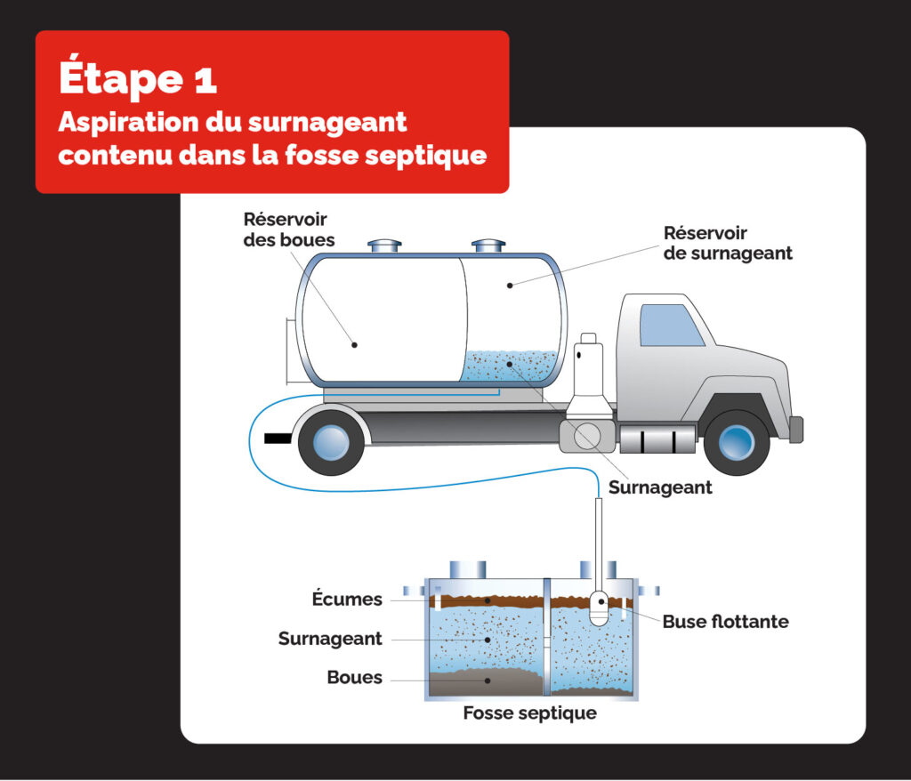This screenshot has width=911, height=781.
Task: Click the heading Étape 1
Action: (138, 78)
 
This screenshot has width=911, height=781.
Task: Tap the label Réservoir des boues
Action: (285, 229)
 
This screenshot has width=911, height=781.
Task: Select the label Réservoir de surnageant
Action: (728, 243)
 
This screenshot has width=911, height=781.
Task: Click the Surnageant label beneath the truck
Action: (660, 488)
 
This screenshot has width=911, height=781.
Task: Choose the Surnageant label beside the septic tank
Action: (330, 639)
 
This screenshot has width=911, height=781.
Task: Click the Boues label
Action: (354, 678)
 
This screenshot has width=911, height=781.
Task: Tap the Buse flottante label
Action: (725, 622)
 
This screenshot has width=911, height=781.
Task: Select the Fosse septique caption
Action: (529, 713)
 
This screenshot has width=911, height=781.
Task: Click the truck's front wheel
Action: (736, 442)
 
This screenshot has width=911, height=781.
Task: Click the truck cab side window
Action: (672, 325)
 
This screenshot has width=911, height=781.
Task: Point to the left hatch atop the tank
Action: (385, 246)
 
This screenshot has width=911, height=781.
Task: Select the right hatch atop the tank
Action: (488, 246)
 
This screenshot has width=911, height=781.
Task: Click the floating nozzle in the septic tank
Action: (600, 608)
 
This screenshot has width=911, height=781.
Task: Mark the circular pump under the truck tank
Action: (586, 435)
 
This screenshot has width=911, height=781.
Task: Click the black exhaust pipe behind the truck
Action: (278, 437)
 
